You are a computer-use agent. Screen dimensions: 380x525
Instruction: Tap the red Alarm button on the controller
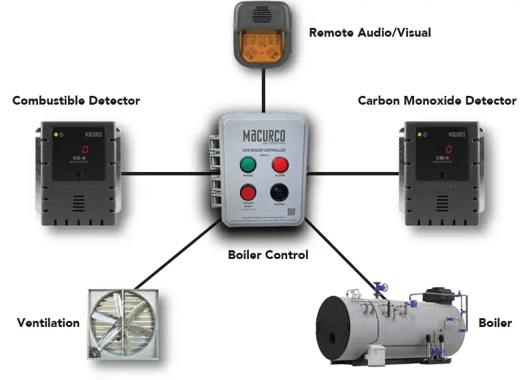pyautogui.click(x=280, y=165)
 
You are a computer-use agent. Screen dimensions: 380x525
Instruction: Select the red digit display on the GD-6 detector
pyautogui.click(x=85, y=150)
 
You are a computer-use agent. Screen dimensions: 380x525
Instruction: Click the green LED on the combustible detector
pyautogui.click(x=56, y=134)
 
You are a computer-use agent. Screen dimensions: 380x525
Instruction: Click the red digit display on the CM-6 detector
pyautogui.click(x=448, y=150)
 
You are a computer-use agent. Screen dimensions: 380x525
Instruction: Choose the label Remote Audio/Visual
pyautogui.click(x=369, y=32)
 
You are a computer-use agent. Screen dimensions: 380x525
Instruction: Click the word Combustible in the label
pyautogui.click(x=49, y=101)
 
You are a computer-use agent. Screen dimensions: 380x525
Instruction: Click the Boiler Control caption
pyautogui.click(x=267, y=255)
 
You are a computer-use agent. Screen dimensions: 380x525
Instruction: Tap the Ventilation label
pyautogui.click(x=48, y=323)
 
